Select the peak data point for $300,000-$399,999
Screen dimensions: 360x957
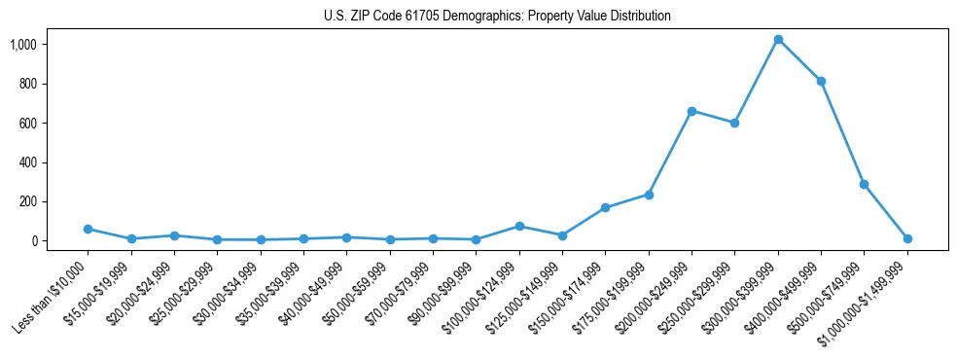pos(778,40)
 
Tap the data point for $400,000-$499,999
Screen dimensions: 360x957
pos(821,81)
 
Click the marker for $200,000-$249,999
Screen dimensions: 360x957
pos(691,111)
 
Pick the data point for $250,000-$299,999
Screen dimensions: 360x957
pos(734,123)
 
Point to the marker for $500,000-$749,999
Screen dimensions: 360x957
pos(864,184)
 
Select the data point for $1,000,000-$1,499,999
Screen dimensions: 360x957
pos(906,238)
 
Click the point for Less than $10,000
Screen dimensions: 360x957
pos(88,229)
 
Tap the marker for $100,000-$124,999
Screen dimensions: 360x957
pos(519,226)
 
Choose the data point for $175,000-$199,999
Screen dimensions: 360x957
pos(649,195)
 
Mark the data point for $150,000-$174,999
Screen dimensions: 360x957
pos(605,207)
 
